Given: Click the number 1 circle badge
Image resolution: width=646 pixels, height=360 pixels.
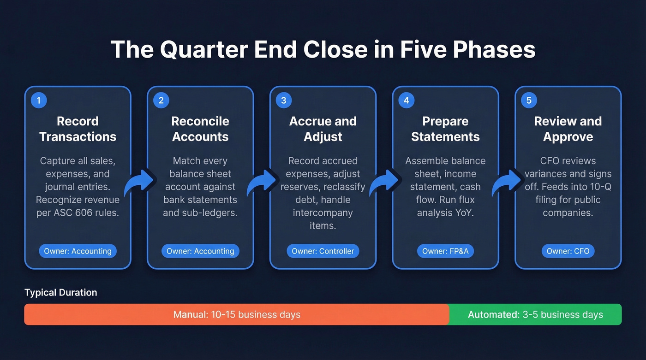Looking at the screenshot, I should [x=39, y=100].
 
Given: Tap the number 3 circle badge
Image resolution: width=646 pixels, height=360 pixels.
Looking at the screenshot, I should [x=284, y=100].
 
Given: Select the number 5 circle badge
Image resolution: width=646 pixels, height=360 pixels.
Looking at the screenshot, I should [x=529, y=100].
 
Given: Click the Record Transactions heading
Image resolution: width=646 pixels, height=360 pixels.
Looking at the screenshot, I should [x=78, y=129].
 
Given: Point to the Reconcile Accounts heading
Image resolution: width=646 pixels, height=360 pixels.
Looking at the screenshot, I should [x=200, y=129].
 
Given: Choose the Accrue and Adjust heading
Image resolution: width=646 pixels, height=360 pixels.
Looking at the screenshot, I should [x=323, y=129].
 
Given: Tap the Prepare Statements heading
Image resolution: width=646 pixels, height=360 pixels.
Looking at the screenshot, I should [x=445, y=129].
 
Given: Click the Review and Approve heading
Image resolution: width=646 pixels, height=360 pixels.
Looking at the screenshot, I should [x=568, y=129].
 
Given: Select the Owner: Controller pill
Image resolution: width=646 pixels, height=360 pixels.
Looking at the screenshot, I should [x=323, y=251].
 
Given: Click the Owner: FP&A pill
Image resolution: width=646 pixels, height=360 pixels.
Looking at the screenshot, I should [x=445, y=251].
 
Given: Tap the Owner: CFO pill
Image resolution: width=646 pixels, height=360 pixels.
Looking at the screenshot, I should [x=568, y=251].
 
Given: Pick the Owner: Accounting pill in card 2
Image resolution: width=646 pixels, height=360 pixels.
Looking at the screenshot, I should [x=200, y=251].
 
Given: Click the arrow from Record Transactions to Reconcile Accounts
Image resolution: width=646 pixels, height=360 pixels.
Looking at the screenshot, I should [x=139, y=183].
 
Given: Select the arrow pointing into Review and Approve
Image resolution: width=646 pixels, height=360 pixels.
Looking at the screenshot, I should [x=507, y=183].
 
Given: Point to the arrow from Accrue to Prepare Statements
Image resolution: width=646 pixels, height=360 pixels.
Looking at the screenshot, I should [x=384, y=183].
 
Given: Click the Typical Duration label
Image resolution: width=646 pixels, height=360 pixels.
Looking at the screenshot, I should [x=61, y=293].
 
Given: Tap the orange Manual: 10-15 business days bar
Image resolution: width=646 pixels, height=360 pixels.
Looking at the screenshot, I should [x=237, y=315].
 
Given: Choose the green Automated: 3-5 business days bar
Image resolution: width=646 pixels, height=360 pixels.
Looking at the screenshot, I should [x=535, y=315].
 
